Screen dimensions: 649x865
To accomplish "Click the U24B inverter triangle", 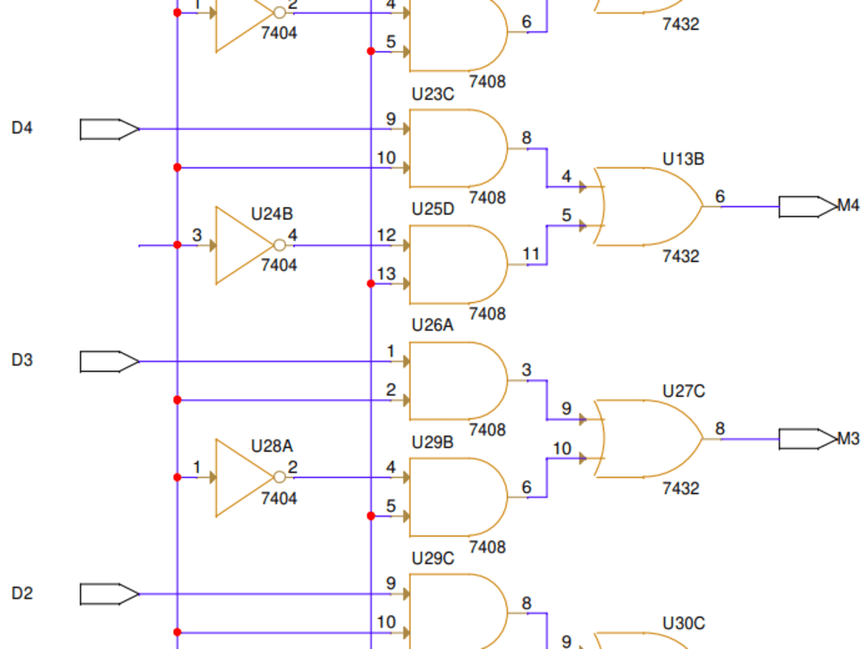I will pos(240,245).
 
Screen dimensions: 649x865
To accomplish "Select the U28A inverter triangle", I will pos(240,477).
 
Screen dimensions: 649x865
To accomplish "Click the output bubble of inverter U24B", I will pos(279,245).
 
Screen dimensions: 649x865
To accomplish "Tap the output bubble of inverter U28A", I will pos(279,477).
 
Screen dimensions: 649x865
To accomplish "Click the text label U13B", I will pos(683,159).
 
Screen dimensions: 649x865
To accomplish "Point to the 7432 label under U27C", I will pos(681,489).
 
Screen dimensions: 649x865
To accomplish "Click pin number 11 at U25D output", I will pos(531,254).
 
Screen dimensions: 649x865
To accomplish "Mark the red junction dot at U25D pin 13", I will pos(371,284).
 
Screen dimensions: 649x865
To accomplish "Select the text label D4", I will pos(22,129).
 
